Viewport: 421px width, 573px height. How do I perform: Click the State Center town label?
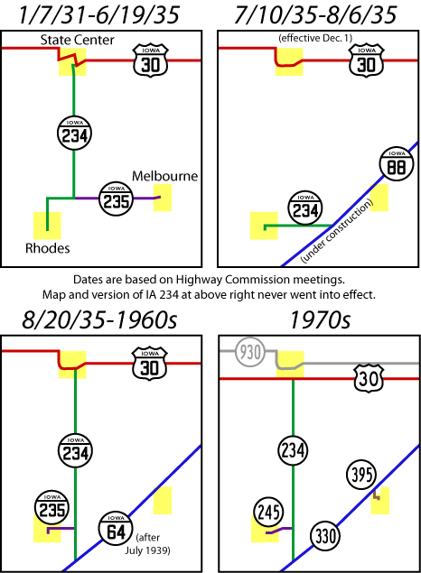77,40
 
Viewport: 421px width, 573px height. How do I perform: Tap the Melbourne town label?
164,176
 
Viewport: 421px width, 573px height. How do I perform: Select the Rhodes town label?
48,248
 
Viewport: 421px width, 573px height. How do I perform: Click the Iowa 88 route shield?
397,164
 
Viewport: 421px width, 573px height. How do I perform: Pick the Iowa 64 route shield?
116,529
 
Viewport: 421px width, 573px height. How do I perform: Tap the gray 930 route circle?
250,352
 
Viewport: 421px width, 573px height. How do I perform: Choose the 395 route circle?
361,475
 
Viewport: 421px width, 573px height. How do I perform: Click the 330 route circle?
325,536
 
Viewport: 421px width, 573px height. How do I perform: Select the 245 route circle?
268,512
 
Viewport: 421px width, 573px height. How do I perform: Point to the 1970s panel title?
320,320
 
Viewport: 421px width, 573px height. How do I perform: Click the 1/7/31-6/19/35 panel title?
98,14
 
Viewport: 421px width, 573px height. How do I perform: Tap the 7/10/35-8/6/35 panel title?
315,14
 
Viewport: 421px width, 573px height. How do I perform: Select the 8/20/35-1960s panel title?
99,320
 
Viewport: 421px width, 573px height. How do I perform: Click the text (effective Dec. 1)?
315,38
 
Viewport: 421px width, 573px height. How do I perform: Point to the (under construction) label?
336,232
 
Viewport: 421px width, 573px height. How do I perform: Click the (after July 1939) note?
148,544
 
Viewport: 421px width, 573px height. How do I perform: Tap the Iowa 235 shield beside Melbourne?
116,199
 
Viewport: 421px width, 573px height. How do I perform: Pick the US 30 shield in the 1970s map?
369,379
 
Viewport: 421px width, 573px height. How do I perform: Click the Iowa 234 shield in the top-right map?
305,208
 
